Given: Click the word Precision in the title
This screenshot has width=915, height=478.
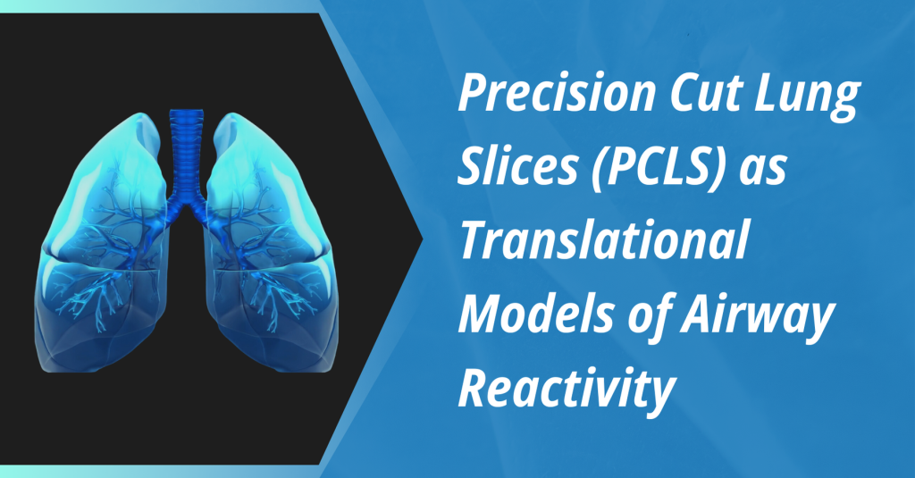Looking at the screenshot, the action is pyautogui.click(x=557, y=94).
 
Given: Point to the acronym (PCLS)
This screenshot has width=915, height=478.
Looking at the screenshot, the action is pyautogui.click(x=657, y=169).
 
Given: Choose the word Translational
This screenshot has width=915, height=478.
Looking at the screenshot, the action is pyautogui.click(x=605, y=241).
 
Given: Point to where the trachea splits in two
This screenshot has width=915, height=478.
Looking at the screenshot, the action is pyautogui.click(x=187, y=205).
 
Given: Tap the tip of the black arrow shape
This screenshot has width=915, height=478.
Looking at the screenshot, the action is pyautogui.click(x=423, y=239).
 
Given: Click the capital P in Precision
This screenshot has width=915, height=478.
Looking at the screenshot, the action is pyautogui.click(x=473, y=94).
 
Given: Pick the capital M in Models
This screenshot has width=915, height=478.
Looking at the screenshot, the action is pyautogui.click(x=482, y=315).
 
